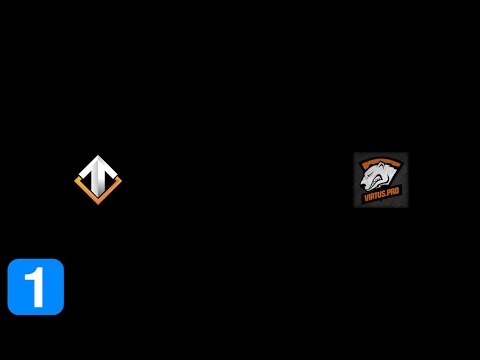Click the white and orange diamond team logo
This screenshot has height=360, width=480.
(98, 178)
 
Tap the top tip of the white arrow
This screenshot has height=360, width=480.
(98, 158)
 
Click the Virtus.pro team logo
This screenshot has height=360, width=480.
(380, 180)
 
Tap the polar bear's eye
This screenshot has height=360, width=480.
(377, 173)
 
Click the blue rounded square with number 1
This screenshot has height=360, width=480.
(36, 287)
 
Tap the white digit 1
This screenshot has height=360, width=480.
(36, 287)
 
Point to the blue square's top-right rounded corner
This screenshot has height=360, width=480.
(60, 263)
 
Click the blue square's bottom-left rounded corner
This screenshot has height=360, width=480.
(12, 311)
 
